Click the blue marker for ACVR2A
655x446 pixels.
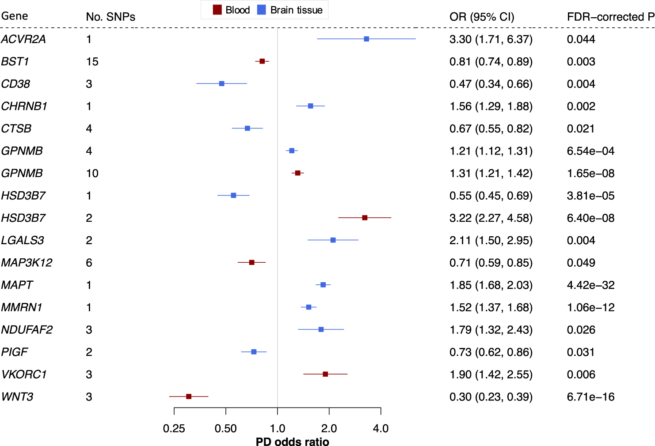pyautogui.click(x=366, y=39)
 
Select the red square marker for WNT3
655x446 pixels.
pyautogui.click(x=189, y=397)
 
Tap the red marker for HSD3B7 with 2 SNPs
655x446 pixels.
pyautogui.click(x=365, y=218)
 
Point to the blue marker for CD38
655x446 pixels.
pyautogui.click(x=222, y=83)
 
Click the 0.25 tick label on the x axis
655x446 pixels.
pyautogui.click(x=174, y=428)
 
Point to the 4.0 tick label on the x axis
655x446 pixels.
pyautogui.click(x=381, y=428)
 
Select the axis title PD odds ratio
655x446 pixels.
pyautogui.click(x=292, y=442)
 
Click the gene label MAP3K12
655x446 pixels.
pyautogui.click(x=27, y=263)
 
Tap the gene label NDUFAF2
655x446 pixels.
pyautogui.click(x=27, y=330)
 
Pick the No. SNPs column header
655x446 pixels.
pyautogui.click(x=110, y=17)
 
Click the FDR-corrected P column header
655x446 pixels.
pyautogui.click(x=610, y=17)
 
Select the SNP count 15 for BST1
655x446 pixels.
pyautogui.click(x=92, y=61)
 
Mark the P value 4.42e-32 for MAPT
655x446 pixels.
pyautogui.click(x=590, y=285)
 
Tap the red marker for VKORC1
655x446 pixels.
pyautogui.click(x=325, y=374)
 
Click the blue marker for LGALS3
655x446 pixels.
pyautogui.click(x=333, y=240)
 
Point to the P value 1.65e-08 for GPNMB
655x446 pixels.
pyautogui.click(x=590, y=173)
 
